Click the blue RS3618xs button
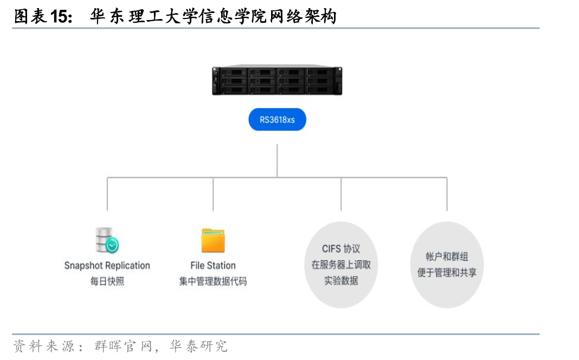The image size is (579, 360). point(277,119)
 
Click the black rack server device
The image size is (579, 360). point(277,80)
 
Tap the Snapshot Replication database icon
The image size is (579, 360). point(107,240)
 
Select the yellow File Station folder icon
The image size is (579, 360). point(213,240)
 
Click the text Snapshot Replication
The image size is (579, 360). point(107,266)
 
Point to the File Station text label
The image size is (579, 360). point(213,266)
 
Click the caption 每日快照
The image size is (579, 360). point(107,281)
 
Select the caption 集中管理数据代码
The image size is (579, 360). point(213,281)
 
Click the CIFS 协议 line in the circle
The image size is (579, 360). point(341,248)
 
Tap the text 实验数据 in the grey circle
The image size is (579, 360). point(341,281)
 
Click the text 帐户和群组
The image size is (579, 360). point(447,256)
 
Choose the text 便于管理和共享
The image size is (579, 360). point(447,273)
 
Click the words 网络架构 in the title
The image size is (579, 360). point(303,17)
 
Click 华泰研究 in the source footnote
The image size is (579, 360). point(198,346)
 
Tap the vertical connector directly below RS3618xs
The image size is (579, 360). point(277,160)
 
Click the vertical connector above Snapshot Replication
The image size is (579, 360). point(107,194)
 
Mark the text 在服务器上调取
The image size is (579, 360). point(341,265)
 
